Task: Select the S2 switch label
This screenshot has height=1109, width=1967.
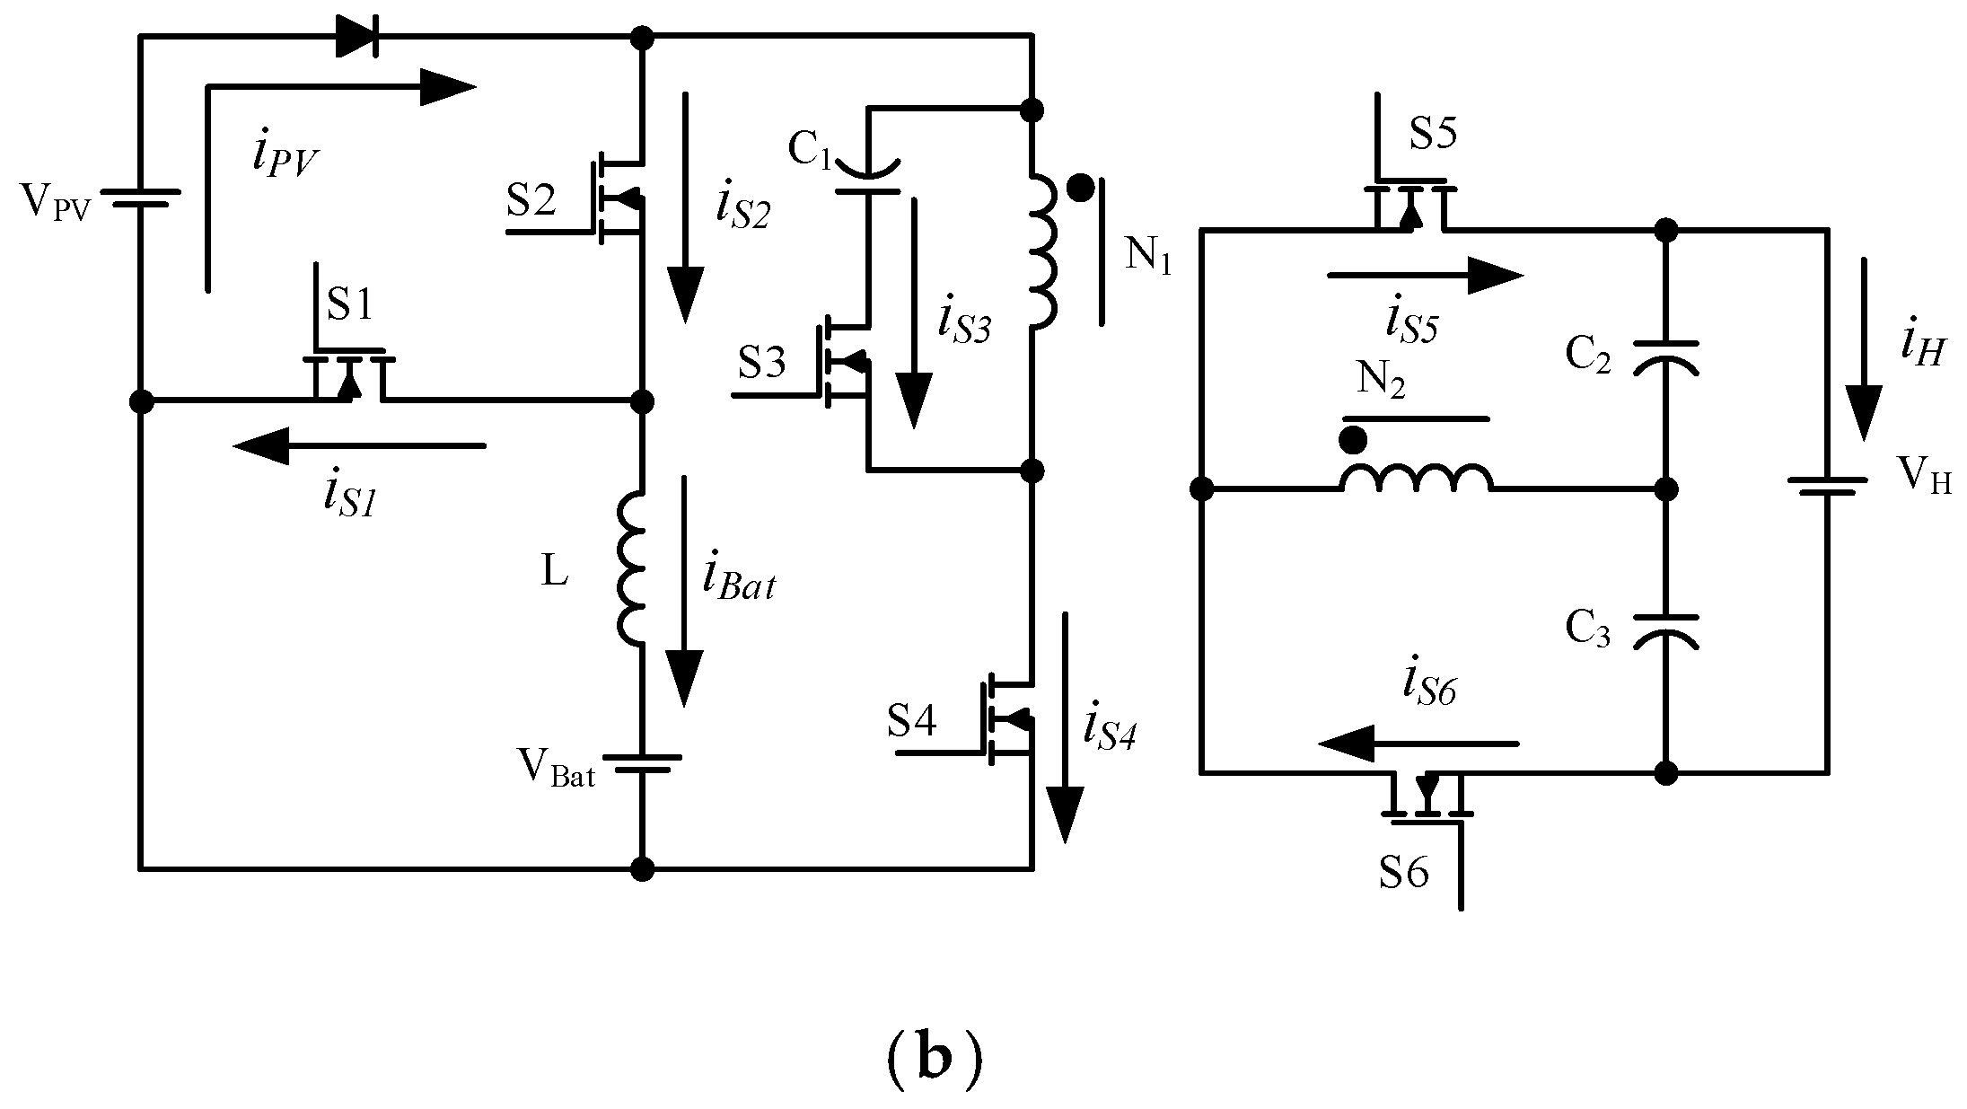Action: [x=531, y=201]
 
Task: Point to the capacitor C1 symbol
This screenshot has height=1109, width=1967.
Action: [x=867, y=178]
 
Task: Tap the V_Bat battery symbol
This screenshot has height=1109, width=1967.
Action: [x=641, y=763]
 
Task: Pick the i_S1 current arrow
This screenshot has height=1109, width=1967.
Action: [x=359, y=445]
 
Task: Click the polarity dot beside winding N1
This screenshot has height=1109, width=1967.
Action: [x=1082, y=189]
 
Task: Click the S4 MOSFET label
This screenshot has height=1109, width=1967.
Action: [x=912, y=721]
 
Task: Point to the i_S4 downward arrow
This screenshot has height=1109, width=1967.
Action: [x=1066, y=727]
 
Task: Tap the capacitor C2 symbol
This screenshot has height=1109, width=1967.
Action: [x=1665, y=356]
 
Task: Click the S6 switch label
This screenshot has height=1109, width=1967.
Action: [x=1404, y=871]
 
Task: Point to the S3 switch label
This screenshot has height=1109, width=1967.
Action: [x=762, y=363]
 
